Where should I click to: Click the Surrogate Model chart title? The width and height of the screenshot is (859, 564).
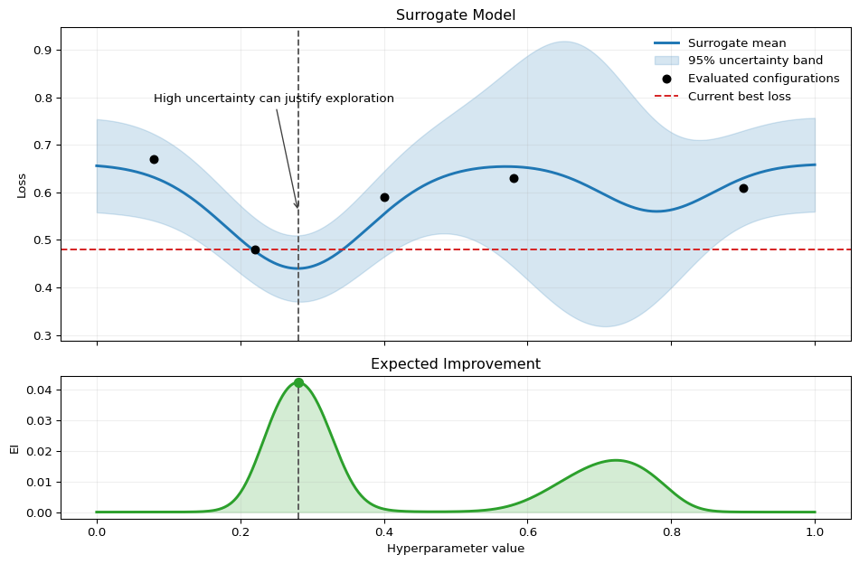coord(456,15)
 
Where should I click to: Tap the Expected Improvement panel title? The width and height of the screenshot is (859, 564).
coord(456,364)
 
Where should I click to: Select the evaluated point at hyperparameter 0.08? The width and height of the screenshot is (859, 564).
coord(154,159)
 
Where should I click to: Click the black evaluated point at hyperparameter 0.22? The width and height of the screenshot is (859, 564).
coord(255,249)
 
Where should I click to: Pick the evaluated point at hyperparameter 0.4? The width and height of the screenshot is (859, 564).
coord(384,197)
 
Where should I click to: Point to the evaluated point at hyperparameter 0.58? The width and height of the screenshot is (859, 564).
coord(514,178)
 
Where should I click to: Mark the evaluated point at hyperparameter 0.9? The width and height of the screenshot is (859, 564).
coord(743,188)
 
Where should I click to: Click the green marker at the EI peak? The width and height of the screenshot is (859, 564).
coord(298,382)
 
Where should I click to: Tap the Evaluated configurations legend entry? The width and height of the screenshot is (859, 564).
coord(763,79)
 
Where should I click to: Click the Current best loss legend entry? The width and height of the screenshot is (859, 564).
coord(739,97)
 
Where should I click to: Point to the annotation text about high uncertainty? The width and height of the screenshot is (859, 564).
coord(274,99)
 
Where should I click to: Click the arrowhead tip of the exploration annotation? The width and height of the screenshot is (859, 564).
coord(297,208)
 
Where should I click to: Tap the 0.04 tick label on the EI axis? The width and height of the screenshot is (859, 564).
coord(41,390)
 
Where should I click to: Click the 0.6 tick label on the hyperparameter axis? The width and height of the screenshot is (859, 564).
coord(528,531)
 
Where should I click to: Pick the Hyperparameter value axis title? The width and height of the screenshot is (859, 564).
coord(456,549)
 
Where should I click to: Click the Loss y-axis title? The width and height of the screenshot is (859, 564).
coord(22,184)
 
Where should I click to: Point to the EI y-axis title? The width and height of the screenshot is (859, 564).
coord(14,447)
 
